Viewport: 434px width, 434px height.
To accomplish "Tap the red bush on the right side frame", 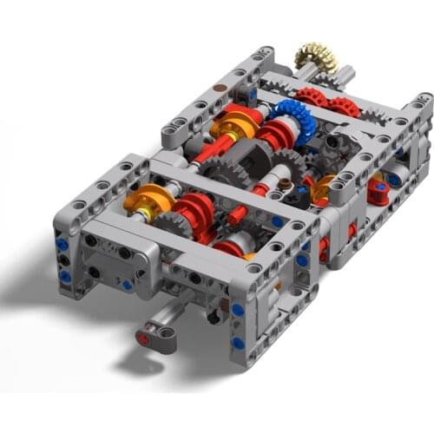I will point(378,192).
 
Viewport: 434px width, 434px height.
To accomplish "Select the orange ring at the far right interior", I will point(323,187).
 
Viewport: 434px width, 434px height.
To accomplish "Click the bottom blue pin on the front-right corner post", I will point(238,343).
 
